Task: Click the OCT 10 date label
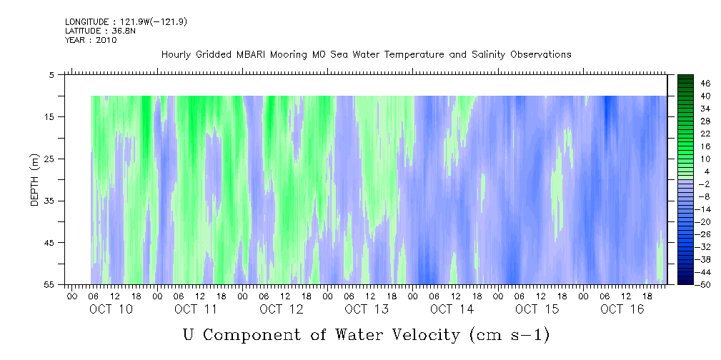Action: click(111, 309)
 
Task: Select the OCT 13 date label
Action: click(367, 309)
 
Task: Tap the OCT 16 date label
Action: click(622, 309)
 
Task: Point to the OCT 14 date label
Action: click(452, 309)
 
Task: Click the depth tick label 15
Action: click(51, 116)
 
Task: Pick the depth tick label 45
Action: click(51, 243)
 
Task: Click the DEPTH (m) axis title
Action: click(35, 180)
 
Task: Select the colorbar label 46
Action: click(705, 84)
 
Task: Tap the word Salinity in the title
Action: click(489, 55)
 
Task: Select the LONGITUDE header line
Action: click(126, 21)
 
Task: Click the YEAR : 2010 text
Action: click(91, 40)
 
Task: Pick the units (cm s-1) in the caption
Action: click(509, 336)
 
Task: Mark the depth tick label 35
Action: click(51, 201)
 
